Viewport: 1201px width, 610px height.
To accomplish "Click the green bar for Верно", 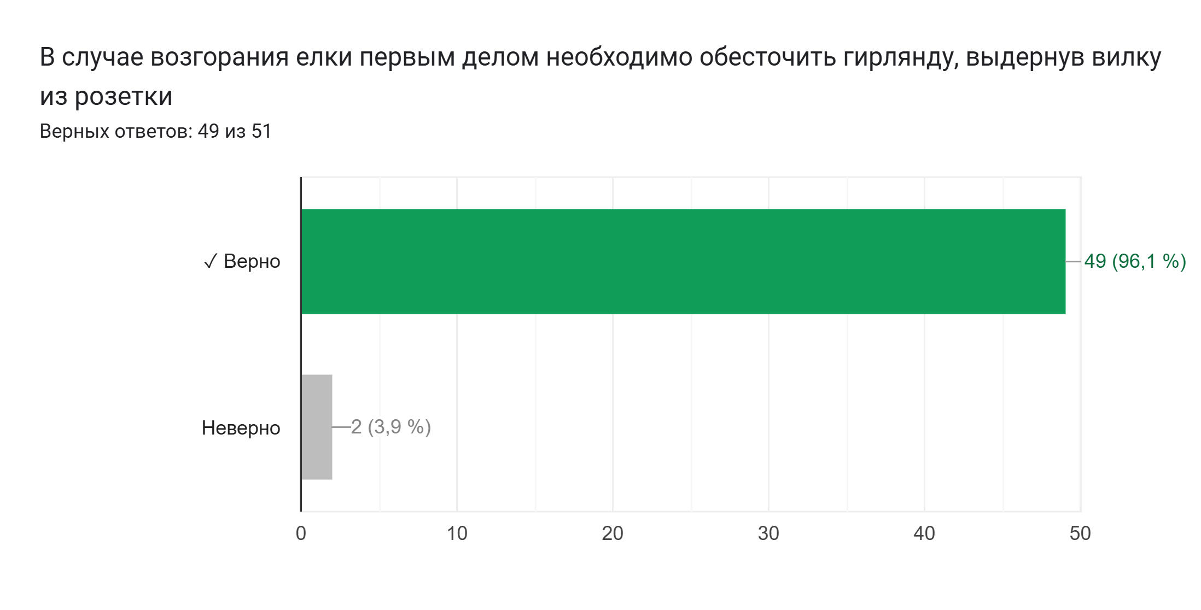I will tap(683, 261).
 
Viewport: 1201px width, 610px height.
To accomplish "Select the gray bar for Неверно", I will tap(317, 427).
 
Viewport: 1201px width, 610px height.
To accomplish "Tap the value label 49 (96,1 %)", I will tap(1135, 261).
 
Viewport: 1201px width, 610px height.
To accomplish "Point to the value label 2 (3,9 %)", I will tap(391, 427).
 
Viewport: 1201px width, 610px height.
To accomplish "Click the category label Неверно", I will tap(241, 428).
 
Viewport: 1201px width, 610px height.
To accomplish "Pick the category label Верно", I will tap(252, 261).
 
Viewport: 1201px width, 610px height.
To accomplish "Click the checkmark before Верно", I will tap(210, 262).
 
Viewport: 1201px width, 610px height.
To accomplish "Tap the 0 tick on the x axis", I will tap(301, 533).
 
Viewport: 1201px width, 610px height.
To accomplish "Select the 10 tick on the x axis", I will tap(457, 533).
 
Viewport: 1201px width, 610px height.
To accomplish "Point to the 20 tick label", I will tap(613, 533).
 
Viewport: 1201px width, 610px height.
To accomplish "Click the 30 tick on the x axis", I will tap(768, 533).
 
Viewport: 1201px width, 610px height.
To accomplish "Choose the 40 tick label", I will tap(924, 533).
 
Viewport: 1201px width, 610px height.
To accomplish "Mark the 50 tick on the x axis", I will tap(1080, 533).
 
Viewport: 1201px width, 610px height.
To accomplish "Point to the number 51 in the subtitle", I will tap(261, 132).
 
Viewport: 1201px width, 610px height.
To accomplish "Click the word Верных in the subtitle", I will tap(74, 132).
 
